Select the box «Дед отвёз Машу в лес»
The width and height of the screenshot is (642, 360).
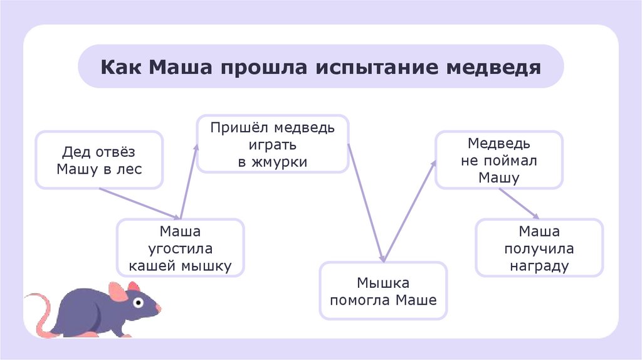(x=99, y=160)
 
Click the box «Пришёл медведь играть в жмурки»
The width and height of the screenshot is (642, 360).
(x=272, y=144)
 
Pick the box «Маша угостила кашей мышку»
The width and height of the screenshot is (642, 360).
(x=180, y=248)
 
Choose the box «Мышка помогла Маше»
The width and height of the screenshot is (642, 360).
(x=383, y=291)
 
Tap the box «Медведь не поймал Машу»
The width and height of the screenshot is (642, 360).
(x=499, y=160)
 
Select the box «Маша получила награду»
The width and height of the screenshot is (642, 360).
(x=539, y=248)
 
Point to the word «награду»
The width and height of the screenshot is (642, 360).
(x=539, y=266)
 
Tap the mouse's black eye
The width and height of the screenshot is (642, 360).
(x=139, y=303)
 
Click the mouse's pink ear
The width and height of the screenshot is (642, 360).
(x=117, y=292)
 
